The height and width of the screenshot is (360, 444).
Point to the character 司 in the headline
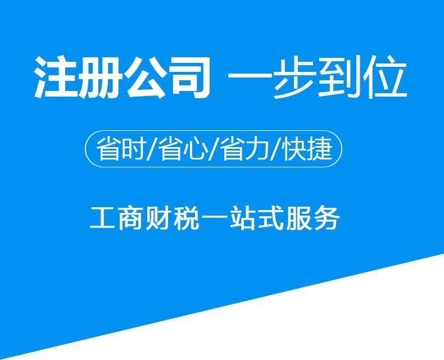[189, 78]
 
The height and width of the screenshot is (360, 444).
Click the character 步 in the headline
[293, 78]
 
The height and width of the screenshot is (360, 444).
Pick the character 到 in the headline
[339, 78]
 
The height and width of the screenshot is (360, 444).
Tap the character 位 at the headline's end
[385, 78]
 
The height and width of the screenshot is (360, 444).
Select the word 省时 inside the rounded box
[121, 149]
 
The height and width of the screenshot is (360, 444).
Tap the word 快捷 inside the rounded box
[308, 149]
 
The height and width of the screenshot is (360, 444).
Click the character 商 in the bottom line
[130, 218]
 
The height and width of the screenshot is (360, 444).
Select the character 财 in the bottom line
[158, 218]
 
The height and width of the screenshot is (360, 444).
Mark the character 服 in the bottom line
[299, 218]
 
